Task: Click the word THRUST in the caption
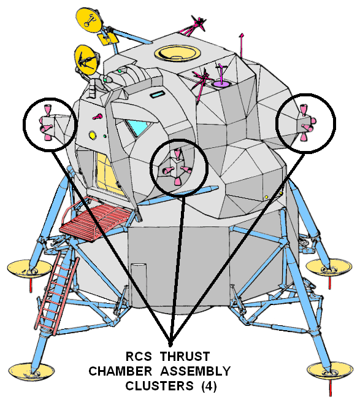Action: pyautogui.click(x=185, y=357)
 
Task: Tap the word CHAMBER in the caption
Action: pyautogui.click(x=120, y=371)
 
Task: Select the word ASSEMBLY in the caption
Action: pyautogui.click(x=196, y=371)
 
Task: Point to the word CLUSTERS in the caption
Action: pyautogui.click(x=159, y=386)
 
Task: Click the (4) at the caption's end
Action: pyautogui.click(x=209, y=387)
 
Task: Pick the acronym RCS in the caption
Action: pyautogui.click(x=139, y=357)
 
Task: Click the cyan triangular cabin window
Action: pyautogui.click(x=139, y=126)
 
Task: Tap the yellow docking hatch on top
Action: pyautogui.click(x=177, y=53)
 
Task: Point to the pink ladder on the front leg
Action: pyautogui.click(x=56, y=292)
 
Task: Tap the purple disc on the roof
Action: pyautogui.click(x=221, y=84)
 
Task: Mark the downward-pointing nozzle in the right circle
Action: pyautogui.click(x=304, y=137)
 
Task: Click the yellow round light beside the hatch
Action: pyautogui.click(x=92, y=135)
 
